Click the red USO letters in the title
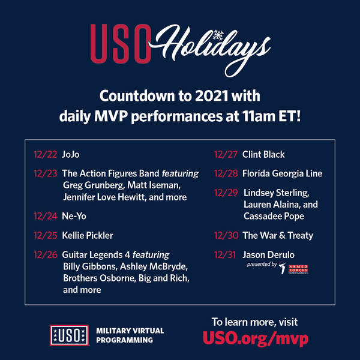(121, 44)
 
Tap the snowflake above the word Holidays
(218, 35)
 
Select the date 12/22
(45, 155)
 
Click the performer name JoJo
(71, 155)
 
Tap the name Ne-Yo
(74, 216)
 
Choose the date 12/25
(45, 236)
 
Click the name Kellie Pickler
(88, 236)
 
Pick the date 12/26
(45, 255)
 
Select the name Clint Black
(263, 155)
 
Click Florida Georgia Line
(282, 173)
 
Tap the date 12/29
(226, 193)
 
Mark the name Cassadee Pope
(274, 216)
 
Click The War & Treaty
(278, 236)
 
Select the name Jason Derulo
(268, 255)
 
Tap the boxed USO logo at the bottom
(69, 335)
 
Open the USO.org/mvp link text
(256, 338)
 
